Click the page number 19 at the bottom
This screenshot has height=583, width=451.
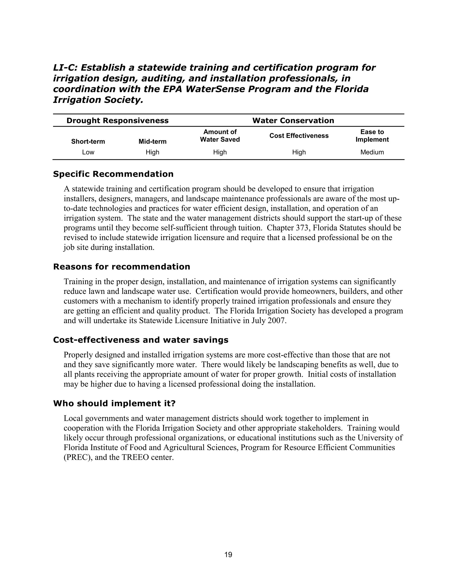(x=228, y=555)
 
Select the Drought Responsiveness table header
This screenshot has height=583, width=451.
(x=117, y=120)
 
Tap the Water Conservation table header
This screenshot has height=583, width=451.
(x=293, y=120)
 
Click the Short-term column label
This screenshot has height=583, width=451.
(x=88, y=141)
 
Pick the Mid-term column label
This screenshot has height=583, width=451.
(x=152, y=141)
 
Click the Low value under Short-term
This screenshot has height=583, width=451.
(x=88, y=152)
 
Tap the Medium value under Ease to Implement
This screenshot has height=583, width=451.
(x=372, y=152)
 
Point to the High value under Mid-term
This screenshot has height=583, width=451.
(x=152, y=152)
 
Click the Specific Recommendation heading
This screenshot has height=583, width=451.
(x=113, y=174)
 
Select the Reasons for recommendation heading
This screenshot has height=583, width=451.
(x=122, y=267)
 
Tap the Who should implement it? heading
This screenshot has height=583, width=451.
(x=114, y=403)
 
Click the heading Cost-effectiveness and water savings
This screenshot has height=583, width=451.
(x=140, y=340)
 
